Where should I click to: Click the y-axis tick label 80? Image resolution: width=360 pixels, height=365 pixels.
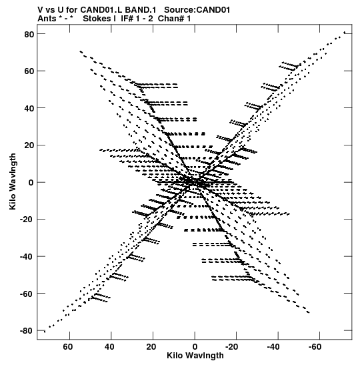29,34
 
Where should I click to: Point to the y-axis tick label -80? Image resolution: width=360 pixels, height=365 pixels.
27,331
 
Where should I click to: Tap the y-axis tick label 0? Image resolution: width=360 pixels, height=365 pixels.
31,183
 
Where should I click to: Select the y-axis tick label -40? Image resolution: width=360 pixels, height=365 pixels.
27,256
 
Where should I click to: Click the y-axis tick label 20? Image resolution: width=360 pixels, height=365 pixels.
29,145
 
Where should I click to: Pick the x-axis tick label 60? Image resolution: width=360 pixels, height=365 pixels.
68,347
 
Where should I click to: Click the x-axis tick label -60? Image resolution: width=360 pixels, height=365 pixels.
315,347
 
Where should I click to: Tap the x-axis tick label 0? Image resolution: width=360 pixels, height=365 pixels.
195,347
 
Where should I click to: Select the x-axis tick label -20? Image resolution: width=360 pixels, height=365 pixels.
232,347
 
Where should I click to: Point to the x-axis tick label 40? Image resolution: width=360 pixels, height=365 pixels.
109,347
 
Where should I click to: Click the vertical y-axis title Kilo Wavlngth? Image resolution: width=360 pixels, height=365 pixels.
13,181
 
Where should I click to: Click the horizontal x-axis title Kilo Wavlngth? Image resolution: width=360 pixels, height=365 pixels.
195,356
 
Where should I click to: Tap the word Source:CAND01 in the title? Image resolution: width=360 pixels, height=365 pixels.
197,10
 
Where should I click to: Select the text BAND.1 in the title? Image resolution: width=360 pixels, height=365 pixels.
141,10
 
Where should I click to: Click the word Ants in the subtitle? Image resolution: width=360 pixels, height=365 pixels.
47,19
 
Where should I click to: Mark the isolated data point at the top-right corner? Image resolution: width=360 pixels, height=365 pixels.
345,32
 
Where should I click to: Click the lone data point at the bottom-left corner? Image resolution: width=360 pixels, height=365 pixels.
45,332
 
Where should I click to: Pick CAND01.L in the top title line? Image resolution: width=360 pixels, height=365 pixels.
101,10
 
